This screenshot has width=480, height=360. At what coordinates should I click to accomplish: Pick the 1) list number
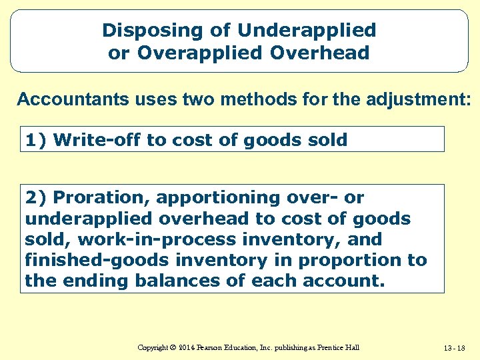click(x=36, y=140)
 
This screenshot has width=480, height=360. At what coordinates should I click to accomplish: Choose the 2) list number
click(x=36, y=198)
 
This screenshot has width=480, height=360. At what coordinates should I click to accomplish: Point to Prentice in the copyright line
click(x=331, y=347)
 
